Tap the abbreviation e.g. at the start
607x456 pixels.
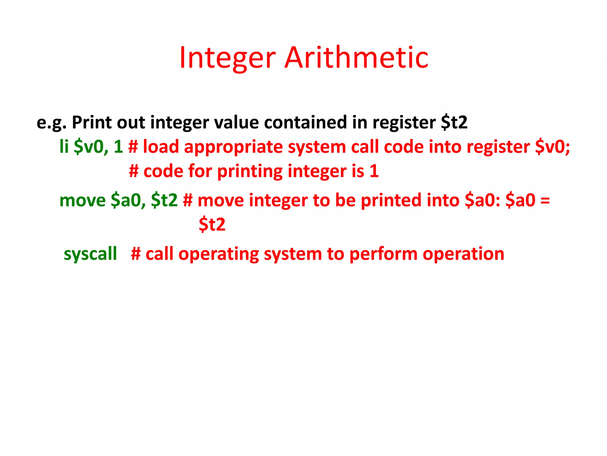point(51,123)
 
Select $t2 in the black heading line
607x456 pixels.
point(454,122)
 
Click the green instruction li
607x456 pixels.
point(64,147)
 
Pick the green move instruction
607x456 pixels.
point(82,200)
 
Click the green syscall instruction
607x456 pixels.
point(90,254)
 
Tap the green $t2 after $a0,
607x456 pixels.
point(164,200)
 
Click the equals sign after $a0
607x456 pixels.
point(545,200)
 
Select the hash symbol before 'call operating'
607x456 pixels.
point(136,254)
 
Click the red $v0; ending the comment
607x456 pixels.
point(552,147)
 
